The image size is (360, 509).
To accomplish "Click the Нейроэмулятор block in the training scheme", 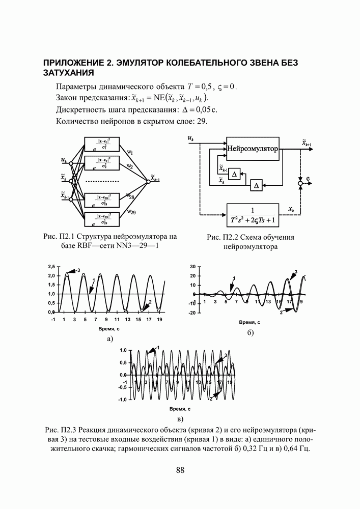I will click(253, 150).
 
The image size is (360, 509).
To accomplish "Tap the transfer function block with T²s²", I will click(253, 215).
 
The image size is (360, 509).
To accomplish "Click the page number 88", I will click(180, 470).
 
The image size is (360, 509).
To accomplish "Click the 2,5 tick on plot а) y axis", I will click(51, 266).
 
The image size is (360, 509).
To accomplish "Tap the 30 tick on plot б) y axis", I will click(192, 266).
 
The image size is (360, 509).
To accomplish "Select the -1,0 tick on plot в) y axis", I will click(122, 400).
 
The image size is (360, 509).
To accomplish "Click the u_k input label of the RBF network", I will click(64, 160).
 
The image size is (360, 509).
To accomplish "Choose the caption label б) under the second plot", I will click(250, 333).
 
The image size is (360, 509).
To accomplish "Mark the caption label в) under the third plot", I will click(180, 419).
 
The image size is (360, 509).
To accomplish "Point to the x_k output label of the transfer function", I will click(291, 209).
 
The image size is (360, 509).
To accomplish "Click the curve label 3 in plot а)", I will click(78, 270).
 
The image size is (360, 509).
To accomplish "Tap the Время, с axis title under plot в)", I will click(180, 409).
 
